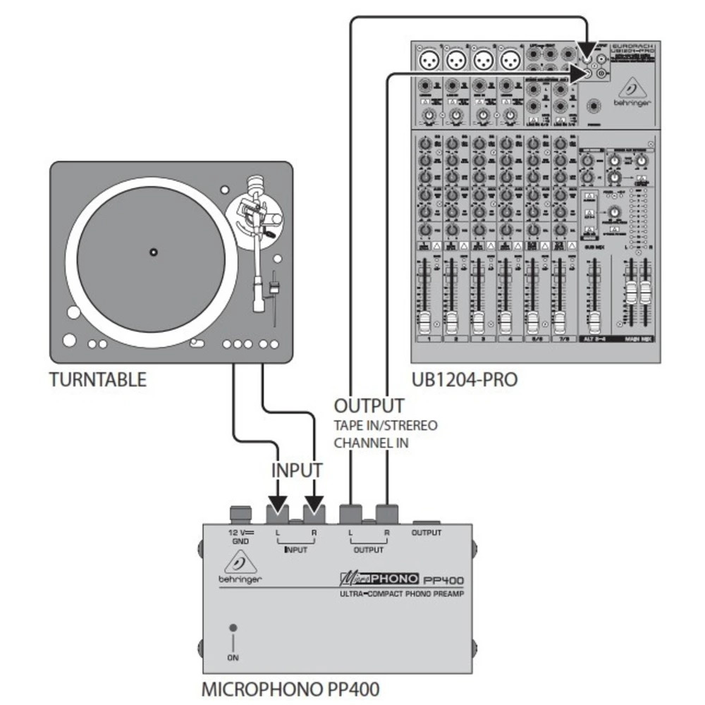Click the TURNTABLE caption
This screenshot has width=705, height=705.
(98, 380)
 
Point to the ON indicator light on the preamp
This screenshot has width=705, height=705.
(233, 627)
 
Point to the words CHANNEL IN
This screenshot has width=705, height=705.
(371, 444)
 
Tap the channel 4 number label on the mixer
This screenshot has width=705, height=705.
(506, 339)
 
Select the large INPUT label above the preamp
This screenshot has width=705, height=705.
(297, 470)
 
